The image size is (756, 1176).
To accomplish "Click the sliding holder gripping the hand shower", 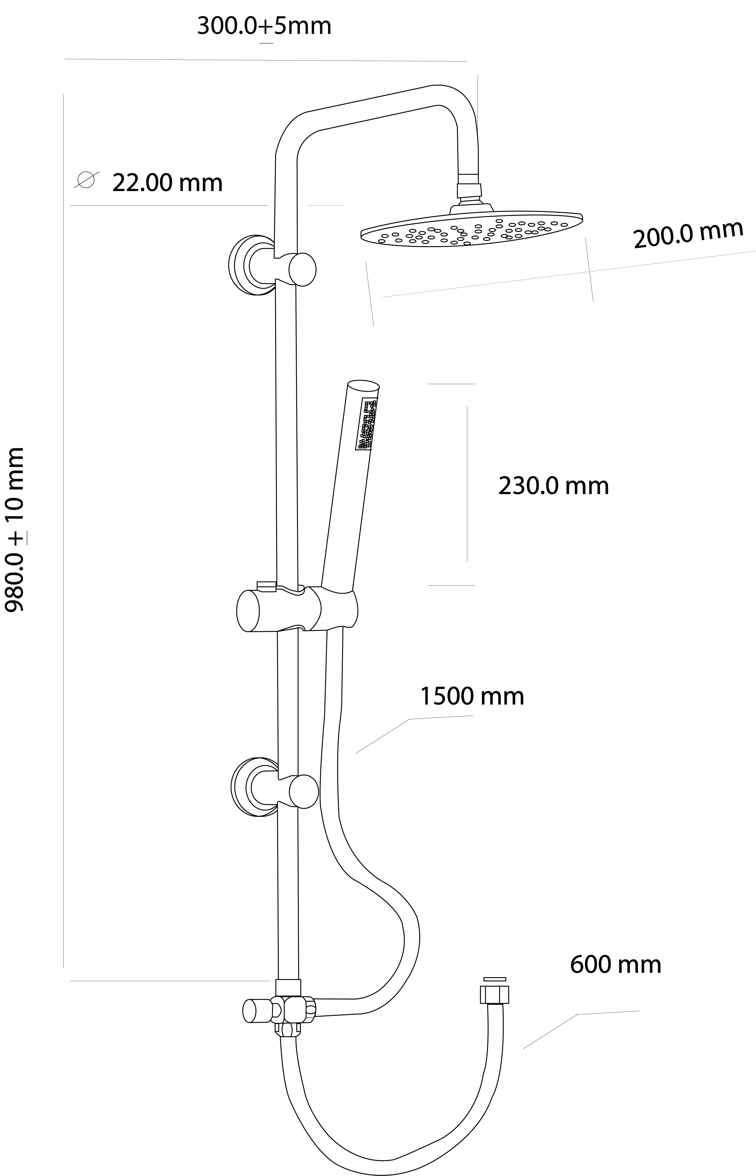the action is pos(297,609).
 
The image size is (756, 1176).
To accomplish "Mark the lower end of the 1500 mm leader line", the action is pos(356,753).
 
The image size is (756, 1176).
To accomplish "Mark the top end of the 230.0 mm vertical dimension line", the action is pos(467,406).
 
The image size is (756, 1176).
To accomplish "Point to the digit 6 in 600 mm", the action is pos(577,964).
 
